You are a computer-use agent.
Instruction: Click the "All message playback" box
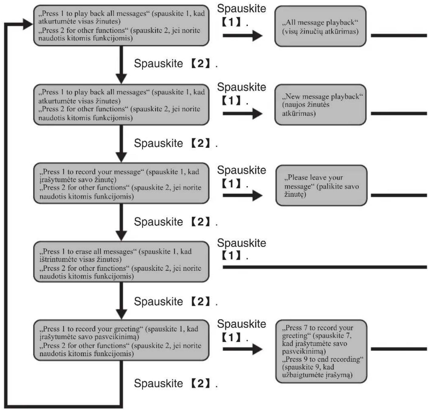(320, 26)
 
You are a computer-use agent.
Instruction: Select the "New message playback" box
(320, 105)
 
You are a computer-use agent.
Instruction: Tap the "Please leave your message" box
(321, 185)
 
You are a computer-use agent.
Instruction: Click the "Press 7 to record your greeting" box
(321, 351)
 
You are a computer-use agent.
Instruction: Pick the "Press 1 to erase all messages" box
(121, 262)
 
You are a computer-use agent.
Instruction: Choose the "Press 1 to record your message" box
(121, 183)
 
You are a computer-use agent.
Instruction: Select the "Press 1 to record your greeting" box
(121, 340)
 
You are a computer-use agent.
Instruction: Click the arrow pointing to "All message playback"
(243, 35)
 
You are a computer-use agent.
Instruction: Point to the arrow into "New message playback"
(243, 113)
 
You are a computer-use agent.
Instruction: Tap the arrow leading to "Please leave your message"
(243, 195)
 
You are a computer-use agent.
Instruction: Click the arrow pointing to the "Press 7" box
(243, 349)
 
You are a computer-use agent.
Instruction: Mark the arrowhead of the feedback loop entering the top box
(28, 24)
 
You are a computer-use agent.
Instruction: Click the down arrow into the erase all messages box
(121, 222)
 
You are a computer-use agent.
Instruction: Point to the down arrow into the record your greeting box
(121, 301)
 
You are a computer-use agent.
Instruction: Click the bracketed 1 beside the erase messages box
(231, 255)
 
